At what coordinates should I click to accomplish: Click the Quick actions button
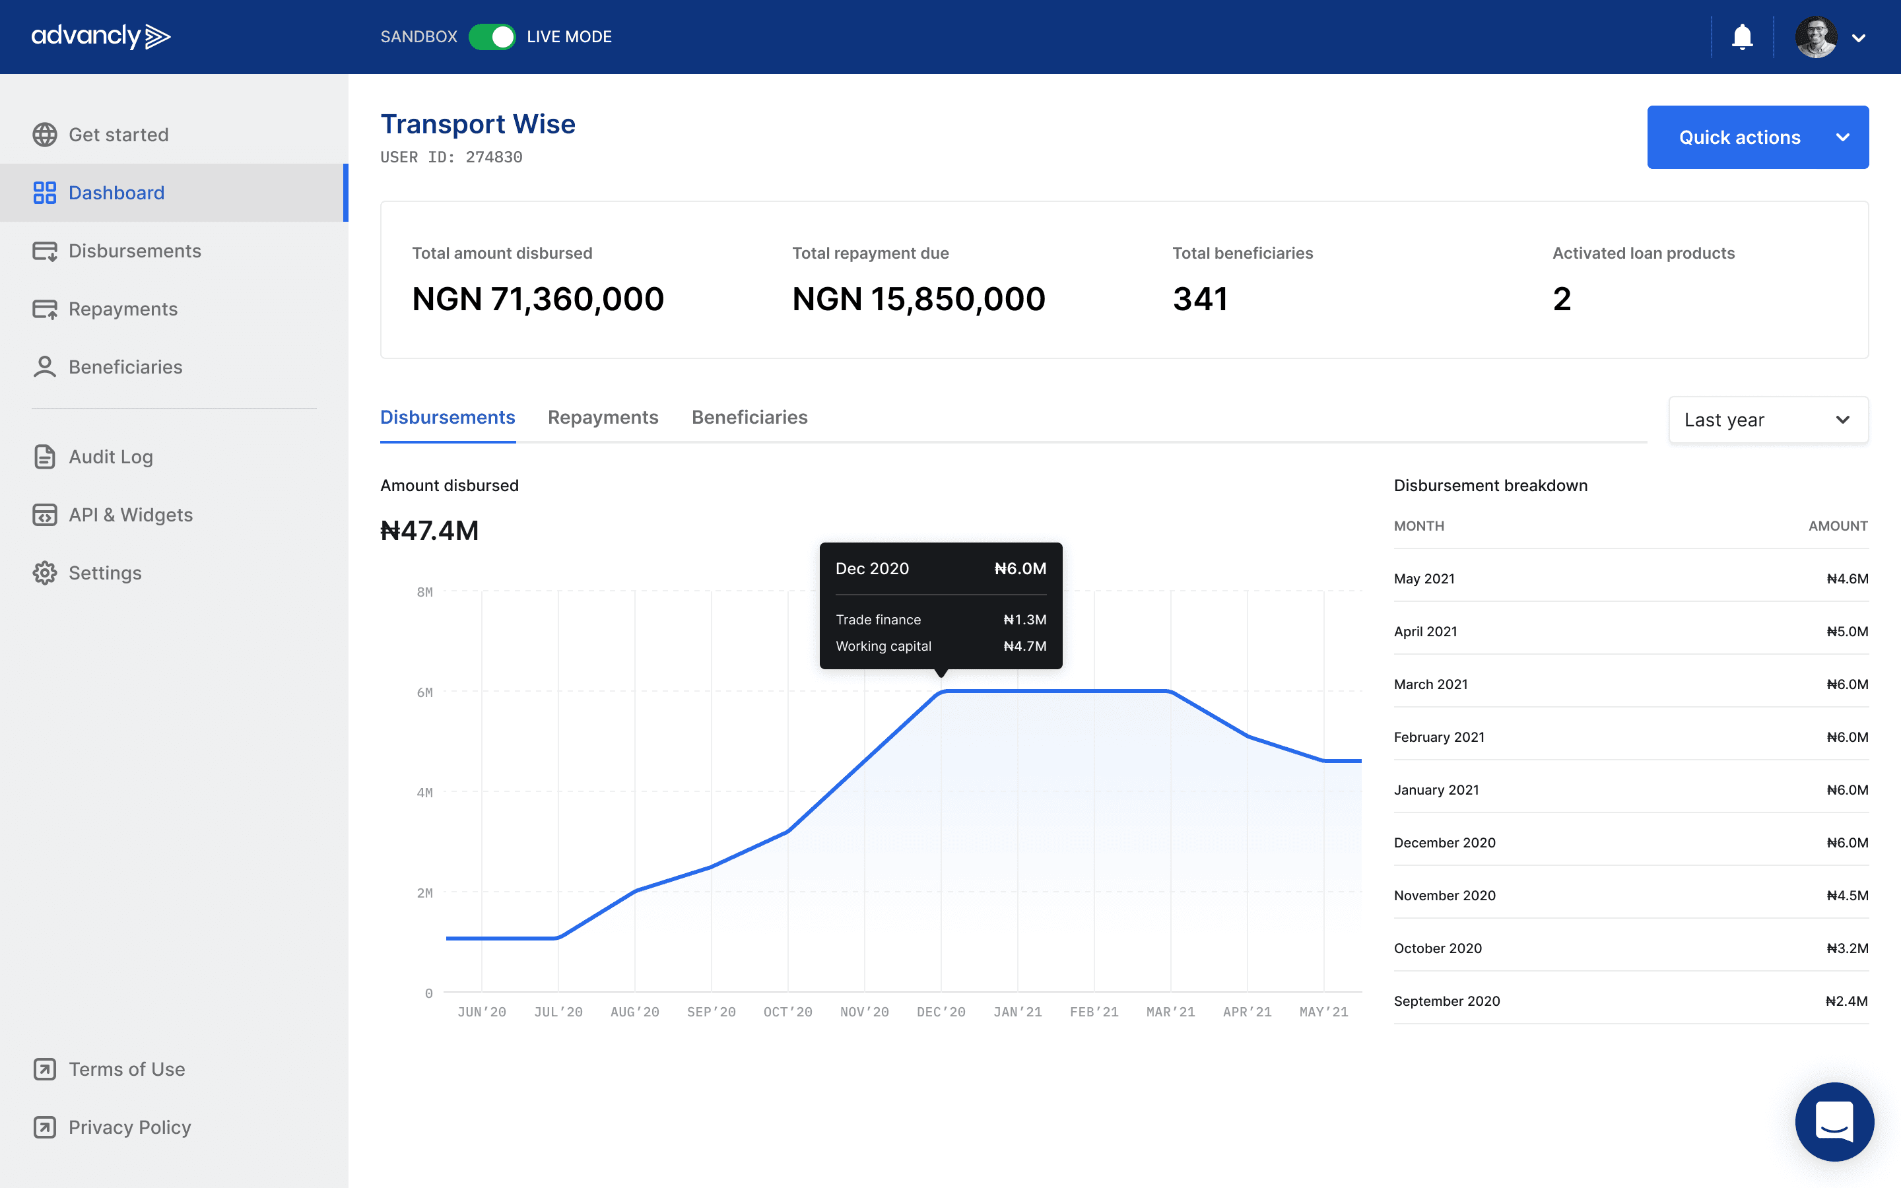pos(1757,137)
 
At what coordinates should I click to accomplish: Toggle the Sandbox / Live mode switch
pos(492,37)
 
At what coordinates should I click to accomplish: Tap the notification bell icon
pos(1743,37)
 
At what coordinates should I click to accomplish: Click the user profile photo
pos(1816,37)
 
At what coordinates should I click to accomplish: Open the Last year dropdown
pos(1768,420)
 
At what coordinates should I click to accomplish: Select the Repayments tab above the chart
pos(603,417)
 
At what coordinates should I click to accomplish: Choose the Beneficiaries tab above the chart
pos(749,417)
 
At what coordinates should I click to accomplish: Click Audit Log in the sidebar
pos(111,457)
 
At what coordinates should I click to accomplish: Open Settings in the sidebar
pos(105,573)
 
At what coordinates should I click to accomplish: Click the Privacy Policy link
pos(129,1127)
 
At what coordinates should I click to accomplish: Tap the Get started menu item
pos(119,135)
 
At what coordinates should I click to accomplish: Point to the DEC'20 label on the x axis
pos(941,1012)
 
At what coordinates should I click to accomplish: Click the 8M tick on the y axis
pos(425,591)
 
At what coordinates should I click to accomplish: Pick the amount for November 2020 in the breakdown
pos(1848,896)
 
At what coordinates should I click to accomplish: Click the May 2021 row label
pos(1424,579)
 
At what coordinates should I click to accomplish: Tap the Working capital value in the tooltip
pos(1025,646)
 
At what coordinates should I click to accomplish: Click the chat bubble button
pos(1834,1121)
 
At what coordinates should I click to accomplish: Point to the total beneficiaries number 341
pos(1200,300)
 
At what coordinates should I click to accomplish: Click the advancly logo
pos(100,37)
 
